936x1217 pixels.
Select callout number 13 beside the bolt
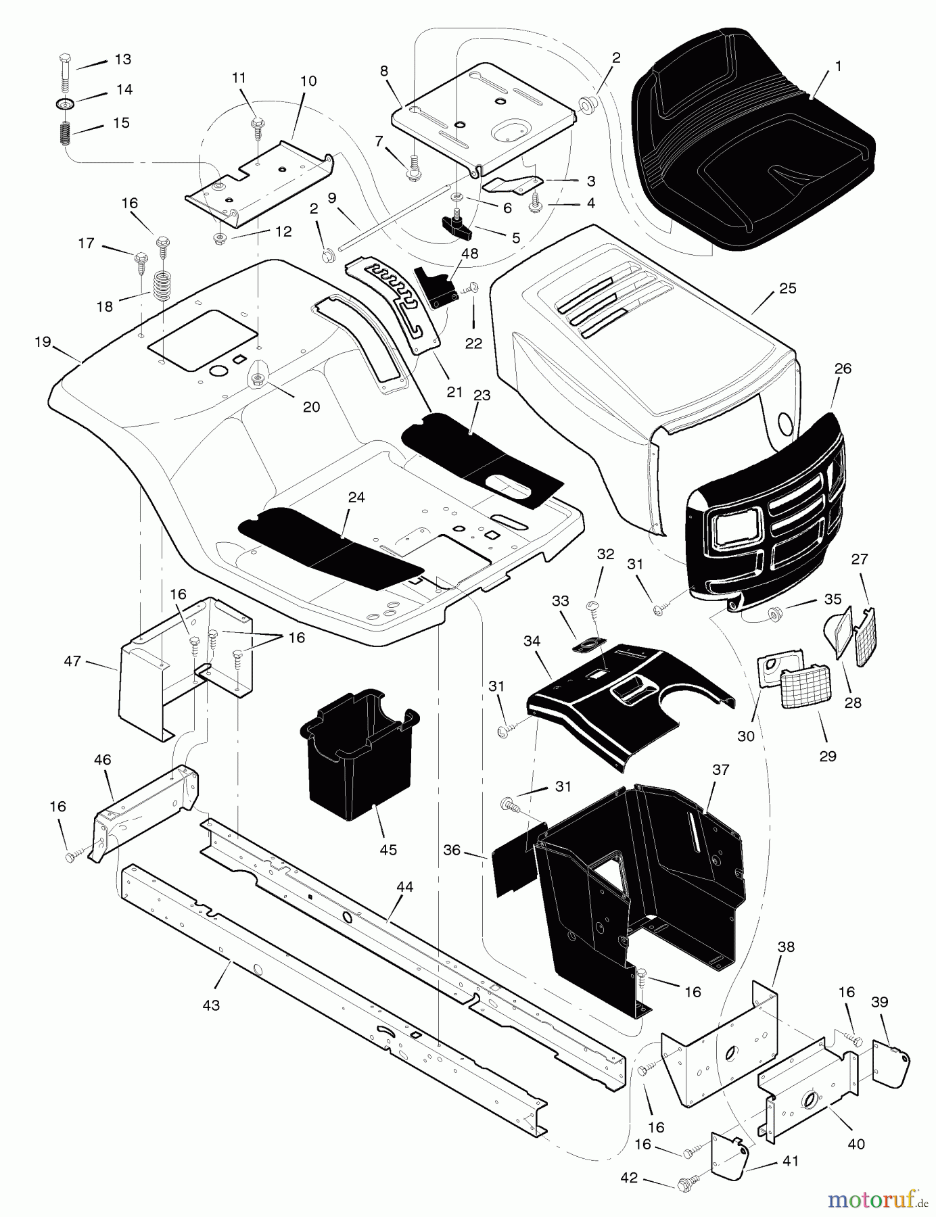[122, 59]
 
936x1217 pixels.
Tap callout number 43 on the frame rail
[211, 1005]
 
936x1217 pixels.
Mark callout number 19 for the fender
[43, 342]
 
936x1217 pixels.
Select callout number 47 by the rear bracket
[72, 661]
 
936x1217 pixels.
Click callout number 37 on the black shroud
[721, 769]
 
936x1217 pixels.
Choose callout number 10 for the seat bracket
[308, 81]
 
